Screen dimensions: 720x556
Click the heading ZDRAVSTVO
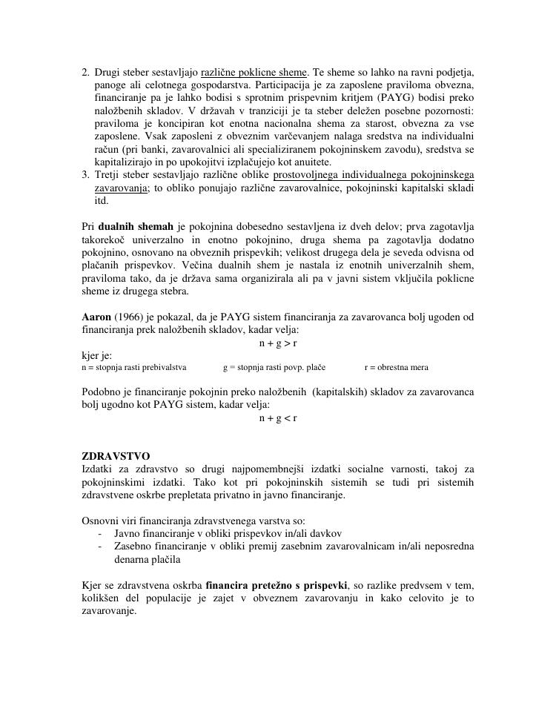click(116, 455)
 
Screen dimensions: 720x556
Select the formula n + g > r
click(278, 343)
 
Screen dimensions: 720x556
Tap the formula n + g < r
click(278, 417)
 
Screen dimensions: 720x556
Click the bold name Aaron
click(96, 317)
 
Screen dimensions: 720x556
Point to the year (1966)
click(130, 317)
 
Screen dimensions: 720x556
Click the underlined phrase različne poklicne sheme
click(254, 73)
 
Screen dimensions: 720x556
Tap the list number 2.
click(86, 73)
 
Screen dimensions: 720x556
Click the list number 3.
click(86, 175)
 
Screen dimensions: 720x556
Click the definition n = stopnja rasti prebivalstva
click(134, 367)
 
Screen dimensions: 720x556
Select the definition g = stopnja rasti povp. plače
click(274, 367)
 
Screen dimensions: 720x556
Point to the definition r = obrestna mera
click(396, 367)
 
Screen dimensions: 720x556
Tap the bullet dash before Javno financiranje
click(99, 533)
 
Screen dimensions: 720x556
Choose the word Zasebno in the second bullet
click(134, 546)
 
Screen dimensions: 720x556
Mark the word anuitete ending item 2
click(312, 162)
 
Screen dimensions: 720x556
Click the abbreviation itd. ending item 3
click(102, 200)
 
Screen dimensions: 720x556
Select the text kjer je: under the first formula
click(96, 356)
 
